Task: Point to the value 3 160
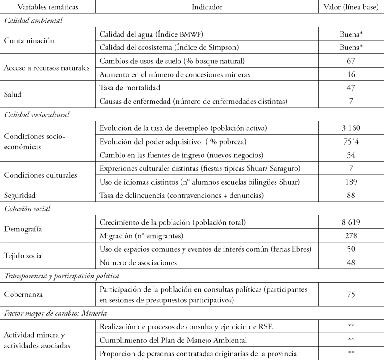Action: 351,128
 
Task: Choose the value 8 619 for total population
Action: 351,222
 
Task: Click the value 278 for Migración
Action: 351,235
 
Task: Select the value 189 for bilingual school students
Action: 351,182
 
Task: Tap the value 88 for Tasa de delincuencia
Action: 351,195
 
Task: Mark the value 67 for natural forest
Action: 351,61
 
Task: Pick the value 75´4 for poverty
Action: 351,141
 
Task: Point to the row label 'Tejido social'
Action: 25,255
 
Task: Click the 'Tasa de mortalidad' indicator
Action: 129,88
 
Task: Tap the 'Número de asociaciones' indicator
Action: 138,262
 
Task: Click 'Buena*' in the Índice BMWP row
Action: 351,34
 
